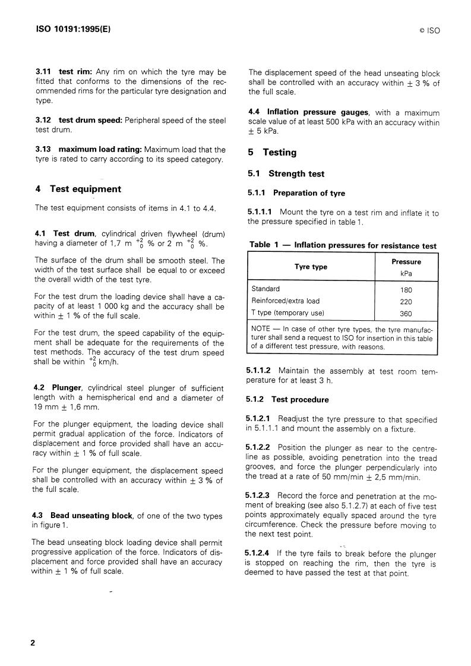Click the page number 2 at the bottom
33,643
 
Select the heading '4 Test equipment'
78,189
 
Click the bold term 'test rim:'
78,72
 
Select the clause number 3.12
45,120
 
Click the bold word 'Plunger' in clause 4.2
67,388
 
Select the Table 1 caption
342,245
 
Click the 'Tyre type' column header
311,267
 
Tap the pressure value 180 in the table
406,290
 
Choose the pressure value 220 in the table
406,301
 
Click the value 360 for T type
406,313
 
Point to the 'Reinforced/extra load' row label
285,301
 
